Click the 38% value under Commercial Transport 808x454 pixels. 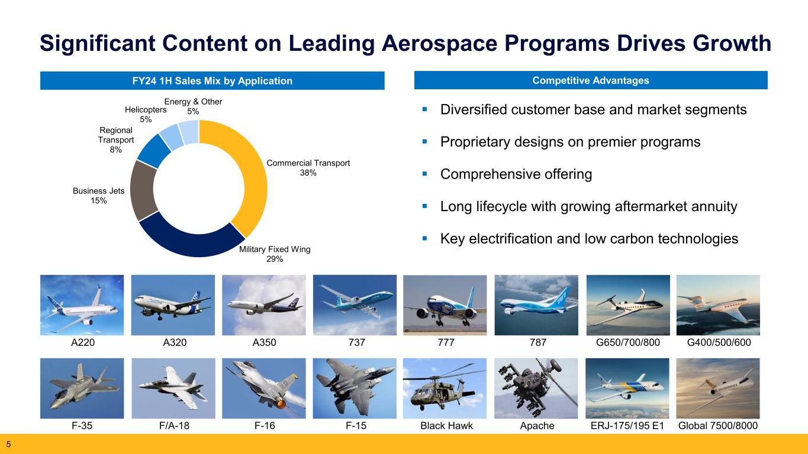click(308, 173)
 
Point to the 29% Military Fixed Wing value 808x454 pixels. click(275, 259)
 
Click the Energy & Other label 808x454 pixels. click(193, 102)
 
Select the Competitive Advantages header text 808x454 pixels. click(591, 80)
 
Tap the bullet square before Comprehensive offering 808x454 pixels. click(424, 174)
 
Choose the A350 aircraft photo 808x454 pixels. click(263, 305)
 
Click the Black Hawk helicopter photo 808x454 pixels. click(445, 388)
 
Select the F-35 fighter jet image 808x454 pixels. click(82, 388)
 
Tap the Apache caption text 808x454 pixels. click(537, 426)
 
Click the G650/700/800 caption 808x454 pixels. click(627, 342)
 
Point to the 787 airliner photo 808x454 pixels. click(536, 305)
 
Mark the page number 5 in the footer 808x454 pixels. click(9, 444)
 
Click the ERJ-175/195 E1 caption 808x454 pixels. click(627, 426)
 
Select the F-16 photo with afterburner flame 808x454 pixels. click(263, 388)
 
